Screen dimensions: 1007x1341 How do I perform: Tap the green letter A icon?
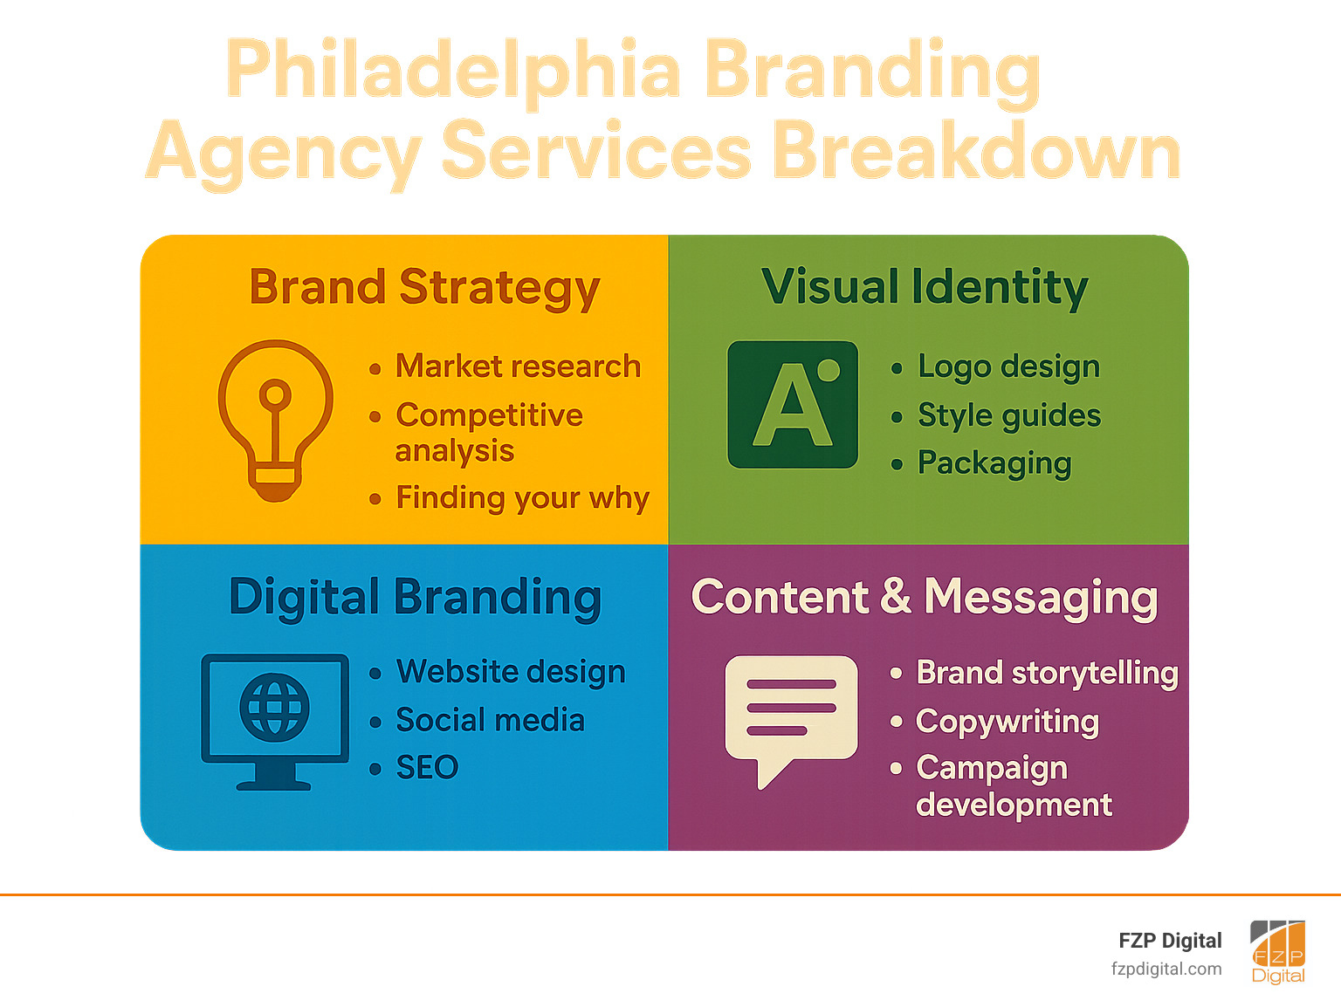coord(793,405)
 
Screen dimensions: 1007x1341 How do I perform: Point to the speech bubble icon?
coord(789,716)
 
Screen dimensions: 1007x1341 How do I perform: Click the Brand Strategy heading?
coord(424,288)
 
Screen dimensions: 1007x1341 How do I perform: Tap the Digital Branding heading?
coord(415,598)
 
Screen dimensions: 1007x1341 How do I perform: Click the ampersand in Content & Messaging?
coord(895,597)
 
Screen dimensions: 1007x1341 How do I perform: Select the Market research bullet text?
coord(518,366)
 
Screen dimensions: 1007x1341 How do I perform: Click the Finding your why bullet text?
coord(522,498)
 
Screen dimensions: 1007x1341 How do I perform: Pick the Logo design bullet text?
coord(1008,367)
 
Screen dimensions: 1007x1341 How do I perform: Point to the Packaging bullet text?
coord(994,463)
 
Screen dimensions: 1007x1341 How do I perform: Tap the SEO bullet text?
coord(427,768)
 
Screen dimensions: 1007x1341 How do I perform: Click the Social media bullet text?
coord(490,720)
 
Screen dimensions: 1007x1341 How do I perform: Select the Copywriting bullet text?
coord(1007,722)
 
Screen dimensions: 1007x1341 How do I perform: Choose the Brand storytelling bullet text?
coord(1047,673)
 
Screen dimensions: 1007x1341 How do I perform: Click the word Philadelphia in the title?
coord(453,70)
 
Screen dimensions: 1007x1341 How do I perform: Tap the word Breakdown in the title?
coord(976,151)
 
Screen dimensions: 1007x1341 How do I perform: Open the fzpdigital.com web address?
coord(1166,969)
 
